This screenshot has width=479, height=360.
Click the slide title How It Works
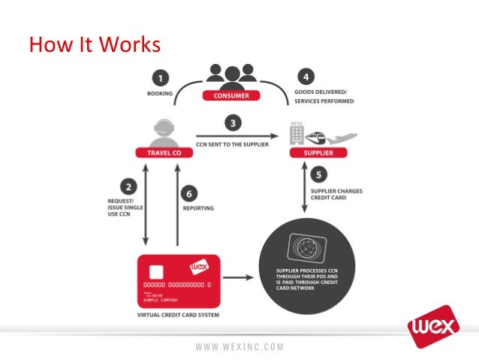[95, 46]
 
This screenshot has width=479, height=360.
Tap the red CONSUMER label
[231, 95]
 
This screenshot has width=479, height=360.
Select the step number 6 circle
[192, 194]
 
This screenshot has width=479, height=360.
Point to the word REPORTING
[199, 208]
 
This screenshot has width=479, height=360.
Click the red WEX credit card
[179, 280]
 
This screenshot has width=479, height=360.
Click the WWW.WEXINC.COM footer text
[239, 346]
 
